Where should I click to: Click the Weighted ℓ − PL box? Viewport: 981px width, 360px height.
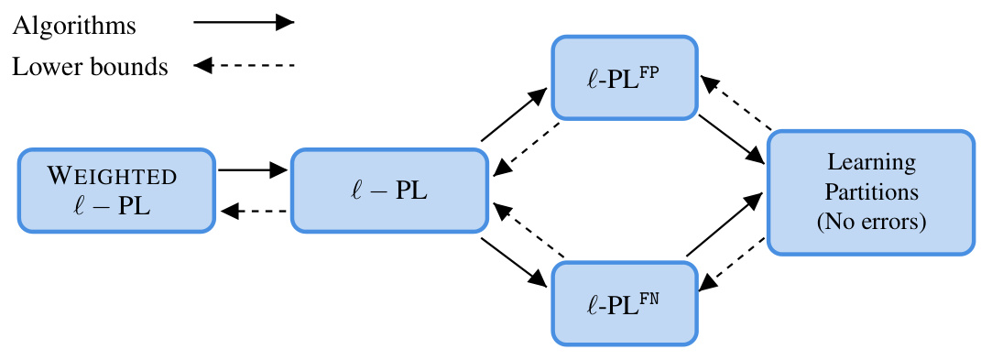[x=115, y=191]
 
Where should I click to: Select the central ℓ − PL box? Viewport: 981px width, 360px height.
[x=388, y=191]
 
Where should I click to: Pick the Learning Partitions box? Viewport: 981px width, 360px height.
[x=871, y=191]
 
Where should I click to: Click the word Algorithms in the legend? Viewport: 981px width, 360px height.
[x=74, y=25]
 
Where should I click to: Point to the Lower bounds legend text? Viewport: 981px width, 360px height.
[x=90, y=67]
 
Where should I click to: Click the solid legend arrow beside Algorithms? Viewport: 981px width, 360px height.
[x=244, y=24]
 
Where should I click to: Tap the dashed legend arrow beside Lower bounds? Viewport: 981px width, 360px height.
[x=244, y=66]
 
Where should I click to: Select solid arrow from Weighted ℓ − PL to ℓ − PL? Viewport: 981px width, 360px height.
[x=253, y=169]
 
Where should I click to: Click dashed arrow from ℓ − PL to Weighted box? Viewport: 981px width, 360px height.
[x=253, y=212]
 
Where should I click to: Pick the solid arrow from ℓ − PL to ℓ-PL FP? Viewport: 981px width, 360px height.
[x=515, y=117]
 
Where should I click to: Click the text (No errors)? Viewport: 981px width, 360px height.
[x=871, y=221]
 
